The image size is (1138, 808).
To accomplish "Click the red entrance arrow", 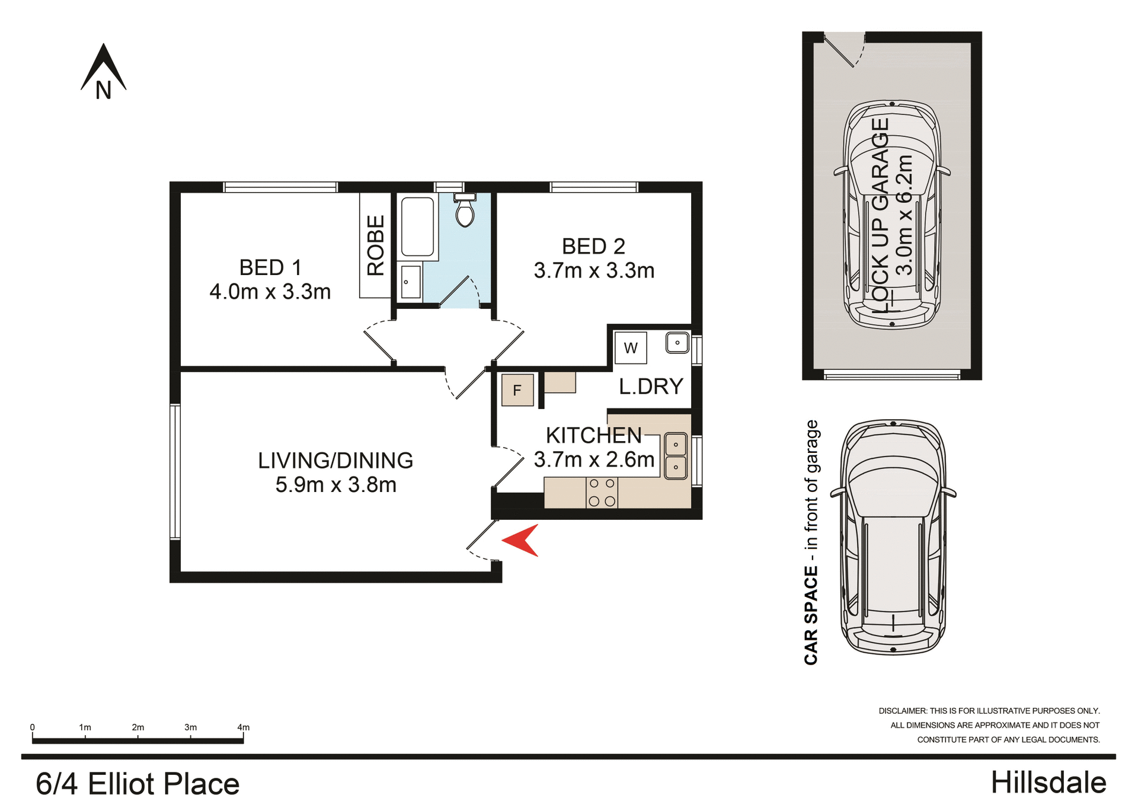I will [x=521, y=540].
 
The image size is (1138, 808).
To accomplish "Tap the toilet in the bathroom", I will [x=465, y=211].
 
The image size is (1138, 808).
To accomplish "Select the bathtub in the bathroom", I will [x=417, y=227].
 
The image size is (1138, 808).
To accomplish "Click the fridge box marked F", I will [x=517, y=390].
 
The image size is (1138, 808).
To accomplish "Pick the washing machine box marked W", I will [x=631, y=348].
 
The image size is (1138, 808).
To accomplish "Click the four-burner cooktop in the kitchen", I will [x=602, y=493].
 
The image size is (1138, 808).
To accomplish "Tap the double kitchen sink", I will [x=676, y=456].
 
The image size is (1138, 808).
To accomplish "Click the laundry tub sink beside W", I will [x=677, y=343].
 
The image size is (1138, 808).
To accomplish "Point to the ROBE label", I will [x=376, y=245].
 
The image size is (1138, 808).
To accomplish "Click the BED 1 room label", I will [x=270, y=267].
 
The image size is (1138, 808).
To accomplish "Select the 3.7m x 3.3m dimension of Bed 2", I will [x=594, y=271].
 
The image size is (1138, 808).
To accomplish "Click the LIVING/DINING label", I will [x=335, y=461].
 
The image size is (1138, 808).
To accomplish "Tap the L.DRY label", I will [x=651, y=387].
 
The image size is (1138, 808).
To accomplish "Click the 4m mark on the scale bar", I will [x=243, y=727].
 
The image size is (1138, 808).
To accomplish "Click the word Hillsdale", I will [x=1048, y=783].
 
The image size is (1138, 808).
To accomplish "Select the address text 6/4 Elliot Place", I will [x=138, y=784].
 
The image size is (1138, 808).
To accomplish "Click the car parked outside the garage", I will [x=893, y=537].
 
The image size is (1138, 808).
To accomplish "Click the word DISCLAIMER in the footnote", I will [x=902, y=711].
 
